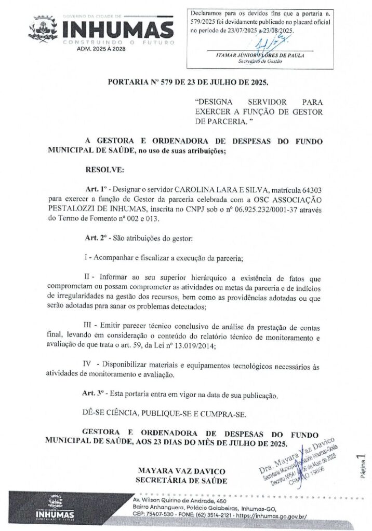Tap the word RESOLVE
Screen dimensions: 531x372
tap(104, 170)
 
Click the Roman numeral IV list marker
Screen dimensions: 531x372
tap(89, 366)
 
